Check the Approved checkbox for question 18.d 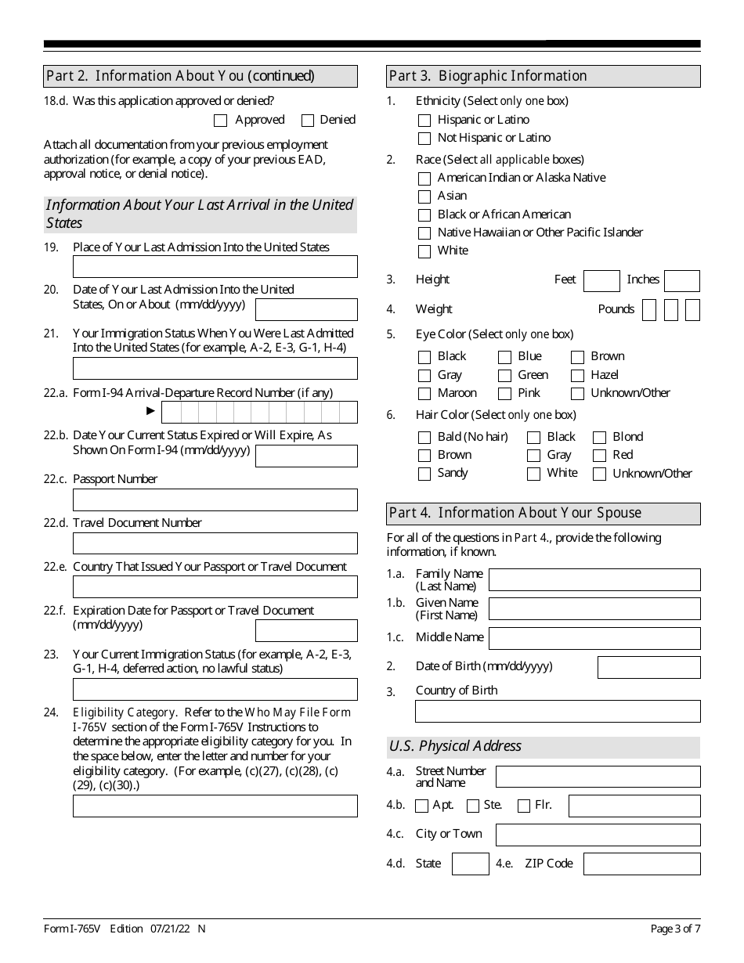point(220,121)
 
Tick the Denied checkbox point(308,121)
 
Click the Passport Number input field point(215,500)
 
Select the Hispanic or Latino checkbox point(424,121)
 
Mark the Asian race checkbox point(424,197)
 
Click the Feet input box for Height point(601,281)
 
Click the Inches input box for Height point(681,281)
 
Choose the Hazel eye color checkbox point(578,376)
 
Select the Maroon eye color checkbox point(424,394)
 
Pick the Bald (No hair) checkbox point(424,438)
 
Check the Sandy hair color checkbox point(424,474)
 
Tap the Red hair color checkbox point(599,456)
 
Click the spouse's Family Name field point(594,580)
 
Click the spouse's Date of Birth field point(648,667)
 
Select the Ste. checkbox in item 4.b point(473,806)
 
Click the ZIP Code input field point(641,864)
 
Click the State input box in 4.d point(471,864)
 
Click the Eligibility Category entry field point(215,806)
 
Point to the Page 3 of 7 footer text point(675,929)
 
